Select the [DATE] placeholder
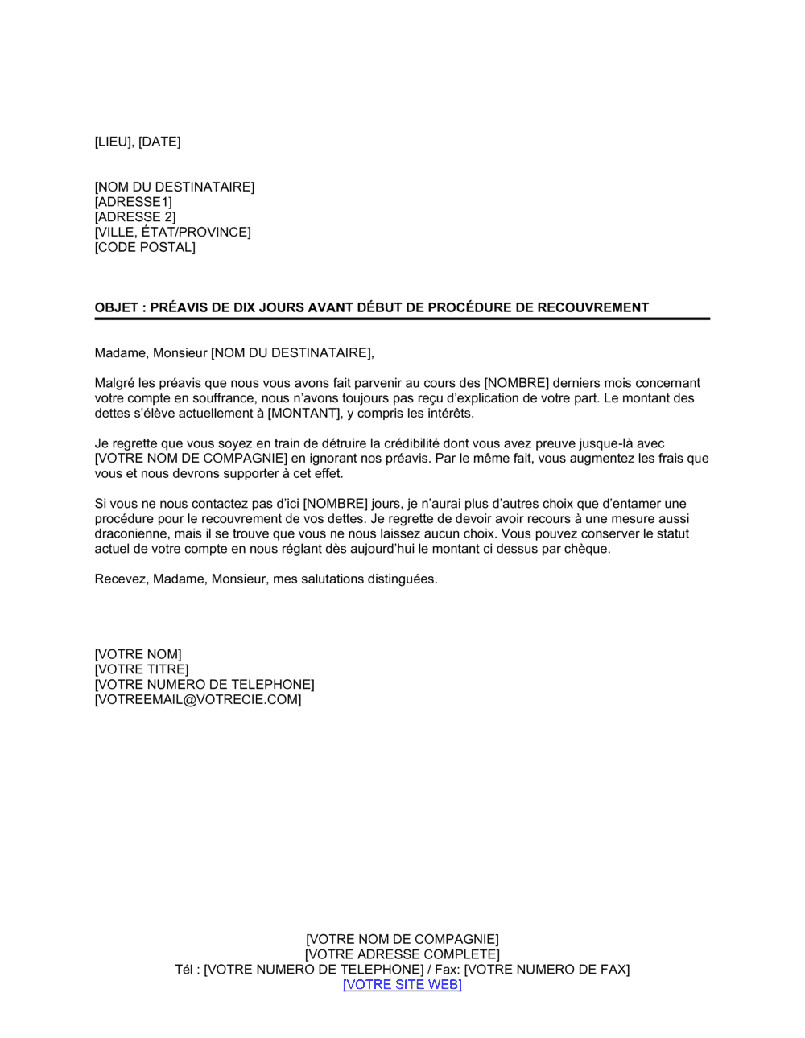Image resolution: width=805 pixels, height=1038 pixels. [159, 142]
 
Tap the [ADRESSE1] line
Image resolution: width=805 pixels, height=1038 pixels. [134, 202]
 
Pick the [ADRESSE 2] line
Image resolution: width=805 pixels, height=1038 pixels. [135, 217]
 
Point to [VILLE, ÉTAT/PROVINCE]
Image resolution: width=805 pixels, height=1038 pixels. [173, 233]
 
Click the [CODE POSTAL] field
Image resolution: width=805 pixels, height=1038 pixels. [145, 247]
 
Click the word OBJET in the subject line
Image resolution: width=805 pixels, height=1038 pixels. [116, 307]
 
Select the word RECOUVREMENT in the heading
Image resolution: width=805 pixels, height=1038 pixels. [592, 307]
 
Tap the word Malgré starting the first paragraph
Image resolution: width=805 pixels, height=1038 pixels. [114, 383]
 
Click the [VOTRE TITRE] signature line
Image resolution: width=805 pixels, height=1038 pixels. [142, 669]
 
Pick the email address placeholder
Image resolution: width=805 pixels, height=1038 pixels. [198, 700]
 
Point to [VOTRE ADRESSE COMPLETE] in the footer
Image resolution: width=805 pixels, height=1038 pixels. [402, 954]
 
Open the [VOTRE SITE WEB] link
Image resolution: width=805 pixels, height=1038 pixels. [402, 985]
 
